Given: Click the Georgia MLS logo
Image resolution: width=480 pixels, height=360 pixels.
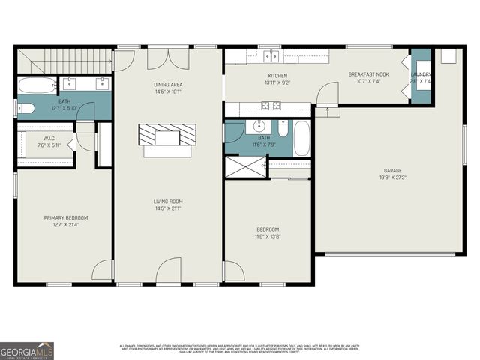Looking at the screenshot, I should point(27,350).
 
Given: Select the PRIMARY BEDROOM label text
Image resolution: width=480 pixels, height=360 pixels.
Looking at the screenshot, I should point(64,217).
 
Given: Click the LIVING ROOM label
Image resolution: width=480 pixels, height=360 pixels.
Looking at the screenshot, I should point(169,201).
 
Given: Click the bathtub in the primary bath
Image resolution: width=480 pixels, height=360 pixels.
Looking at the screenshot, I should point(37,83).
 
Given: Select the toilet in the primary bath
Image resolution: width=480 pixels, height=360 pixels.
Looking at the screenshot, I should point(25,108).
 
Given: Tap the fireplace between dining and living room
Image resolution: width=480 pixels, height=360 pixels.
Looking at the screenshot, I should point(169,136).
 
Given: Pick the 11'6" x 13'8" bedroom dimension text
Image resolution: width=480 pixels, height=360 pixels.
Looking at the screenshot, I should point(268,236).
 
